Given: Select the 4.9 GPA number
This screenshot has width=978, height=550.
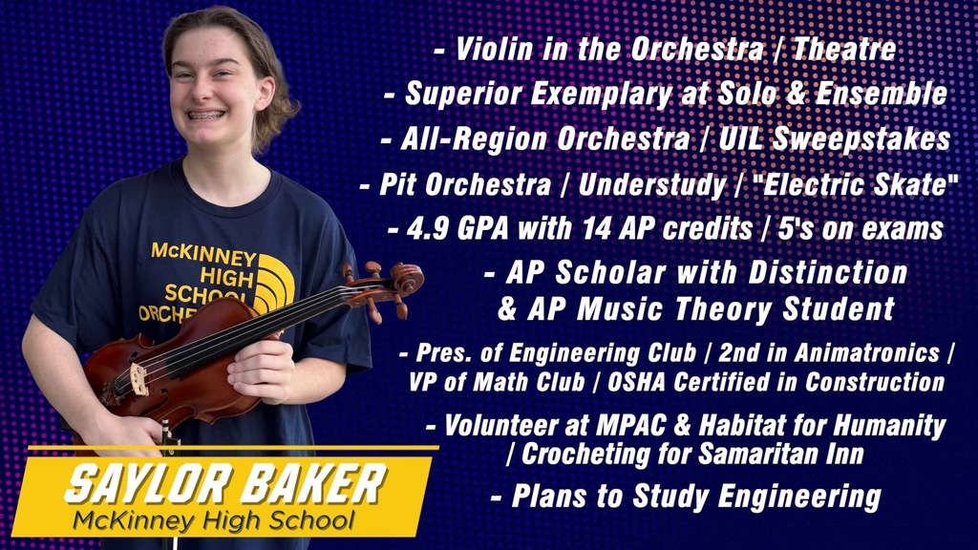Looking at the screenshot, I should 428,229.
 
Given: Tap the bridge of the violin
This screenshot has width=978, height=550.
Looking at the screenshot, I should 139,379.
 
